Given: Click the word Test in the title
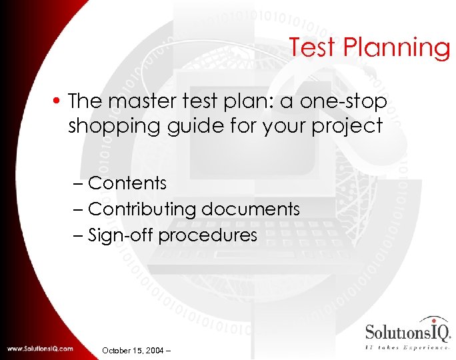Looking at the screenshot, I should pyautogui.click(x=314, y=48).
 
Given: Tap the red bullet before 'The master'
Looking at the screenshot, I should pyautogui.click(x=58, y=101).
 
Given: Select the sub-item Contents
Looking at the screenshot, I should pyautogui.click(x=127, y=183).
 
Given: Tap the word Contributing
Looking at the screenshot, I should pyautogui.click(x=141, y=209).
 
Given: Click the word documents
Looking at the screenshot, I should pyautogui.click(x=250, y=209).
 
